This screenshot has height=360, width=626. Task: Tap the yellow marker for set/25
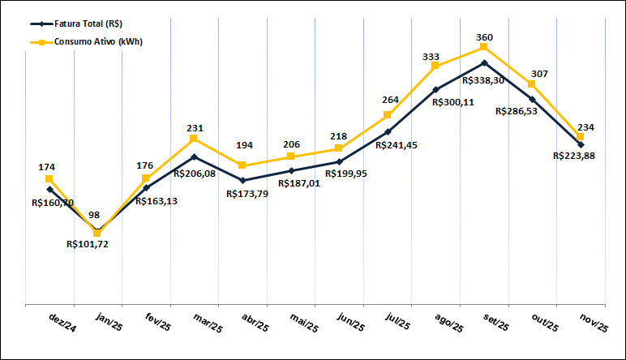(x=483, y=47)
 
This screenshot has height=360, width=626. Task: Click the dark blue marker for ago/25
(x=435, y=89)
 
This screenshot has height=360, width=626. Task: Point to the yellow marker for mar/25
(x=194, y=139)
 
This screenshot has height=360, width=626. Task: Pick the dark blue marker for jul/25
(x=388, y=131)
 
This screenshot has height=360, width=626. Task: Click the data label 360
(x=485, y=37)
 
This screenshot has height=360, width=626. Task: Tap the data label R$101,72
(x=88, y=243)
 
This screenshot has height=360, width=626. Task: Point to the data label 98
(x=95, y=215)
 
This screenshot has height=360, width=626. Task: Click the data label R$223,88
(x=574, y=156)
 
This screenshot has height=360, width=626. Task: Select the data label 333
(x=431, y=57)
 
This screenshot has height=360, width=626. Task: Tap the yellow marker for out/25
(x=532, y=84)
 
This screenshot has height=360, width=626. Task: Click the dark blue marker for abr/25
(x=242, y=180)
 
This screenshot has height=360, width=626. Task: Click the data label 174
(x=47, y=167)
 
